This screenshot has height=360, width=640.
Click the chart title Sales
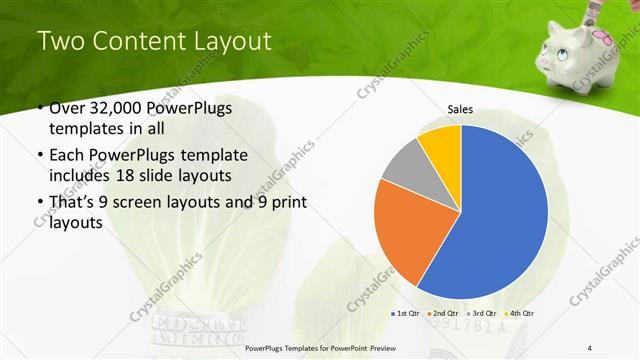coord(460,109)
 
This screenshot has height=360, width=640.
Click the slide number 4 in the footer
coord(590,347)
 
